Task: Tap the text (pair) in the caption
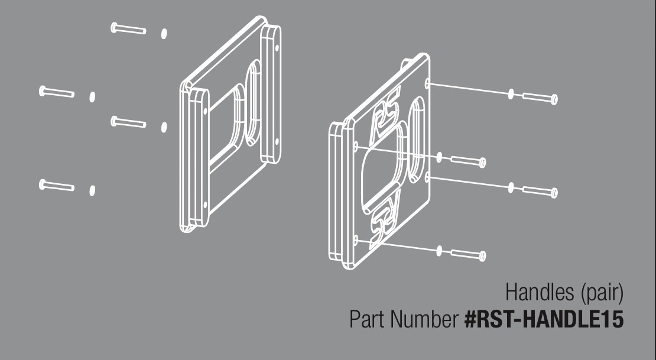[x=602, y=293]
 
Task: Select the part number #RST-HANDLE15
[x=544, y=319]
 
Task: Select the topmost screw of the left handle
[x=128, y=28]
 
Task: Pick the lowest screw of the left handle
[x=57, y=185]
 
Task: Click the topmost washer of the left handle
[x=164, y=34]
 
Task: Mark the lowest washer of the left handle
[x=92, y=190]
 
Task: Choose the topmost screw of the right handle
[x=540, y=98]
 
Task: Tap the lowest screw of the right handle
[x=468, y=255]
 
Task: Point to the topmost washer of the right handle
[x=511, y=94]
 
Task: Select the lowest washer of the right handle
[x=439, y=251]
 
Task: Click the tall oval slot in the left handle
[x=253, y=102]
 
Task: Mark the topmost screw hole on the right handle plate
[x=427, y=83]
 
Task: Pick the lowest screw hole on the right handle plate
[x=356, y=240]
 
